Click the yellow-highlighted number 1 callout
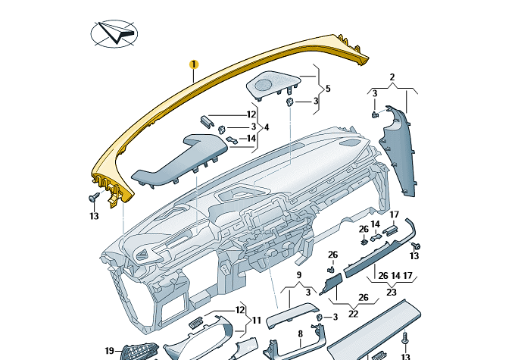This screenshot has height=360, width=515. [193, 65]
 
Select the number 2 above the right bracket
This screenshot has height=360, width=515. [392, 77]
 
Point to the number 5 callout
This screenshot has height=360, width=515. [328, 89]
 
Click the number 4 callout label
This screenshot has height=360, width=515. [266, 127]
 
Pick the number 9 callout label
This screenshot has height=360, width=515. [298, 274]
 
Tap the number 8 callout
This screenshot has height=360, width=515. [299, 333]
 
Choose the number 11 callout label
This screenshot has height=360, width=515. [257, 320]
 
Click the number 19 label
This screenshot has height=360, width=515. [109, 351]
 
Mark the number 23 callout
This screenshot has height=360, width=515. [392, 292]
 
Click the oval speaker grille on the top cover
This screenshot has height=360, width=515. [269, 83]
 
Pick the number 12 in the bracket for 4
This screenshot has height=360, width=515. [230, 114]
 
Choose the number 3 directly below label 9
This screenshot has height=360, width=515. [307, 292]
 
